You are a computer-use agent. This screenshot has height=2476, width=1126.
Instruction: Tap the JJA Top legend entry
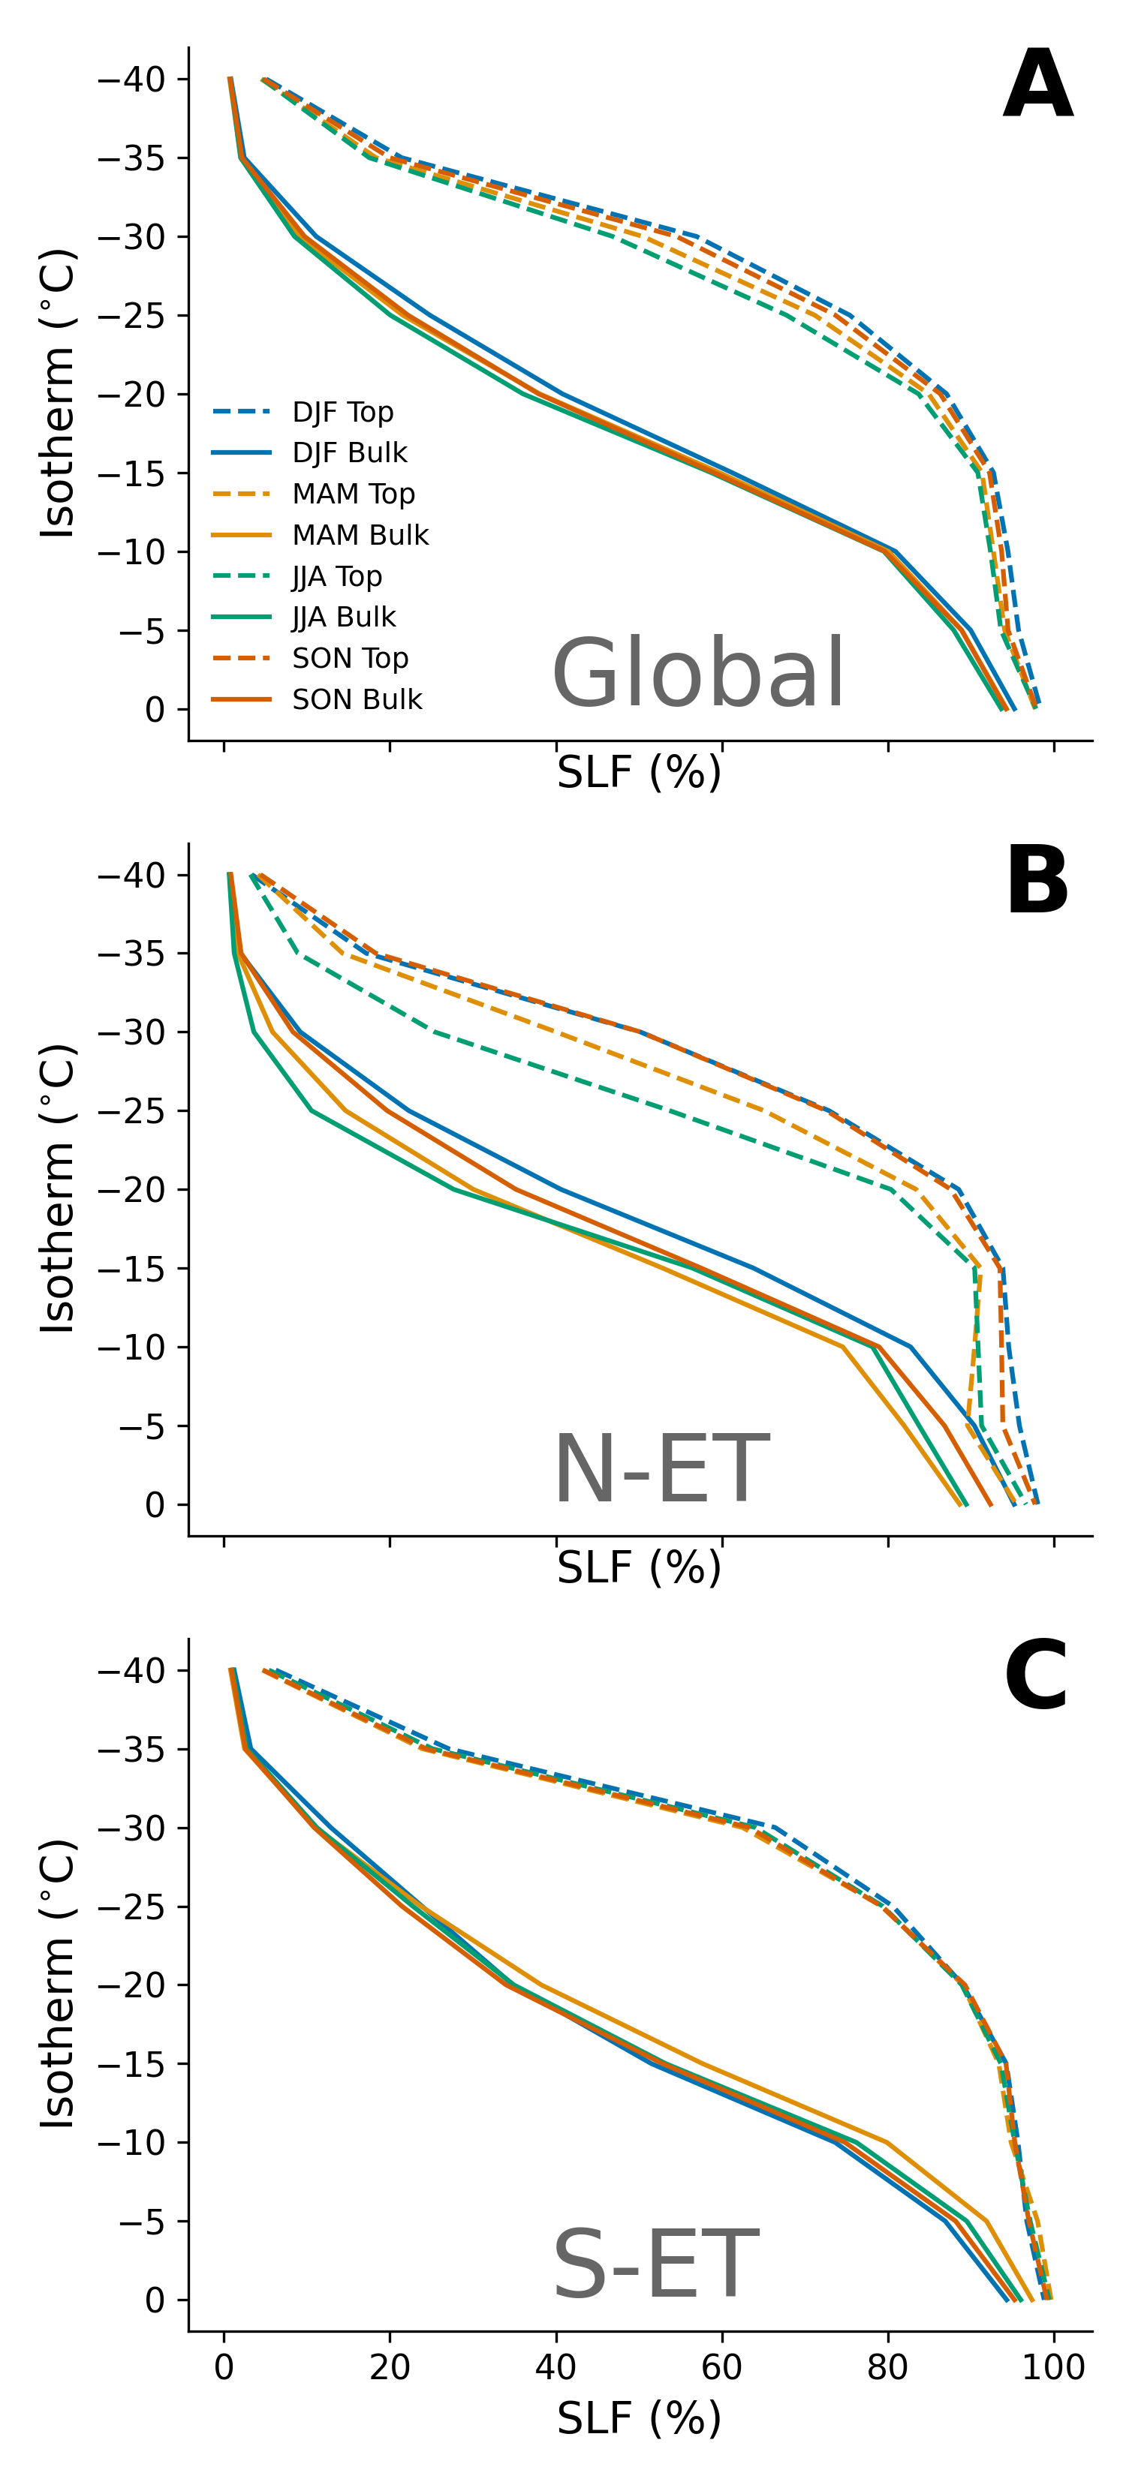[297, 575]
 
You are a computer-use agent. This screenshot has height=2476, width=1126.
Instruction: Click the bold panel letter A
[1037, 85]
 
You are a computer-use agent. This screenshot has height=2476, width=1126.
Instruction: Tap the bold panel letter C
[1036, 1676]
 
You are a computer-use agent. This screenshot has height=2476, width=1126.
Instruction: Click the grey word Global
[698, 674]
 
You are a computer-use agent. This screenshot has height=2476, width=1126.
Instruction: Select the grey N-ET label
[661, 1468]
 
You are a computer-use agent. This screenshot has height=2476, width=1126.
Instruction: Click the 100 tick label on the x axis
[1054, 2366]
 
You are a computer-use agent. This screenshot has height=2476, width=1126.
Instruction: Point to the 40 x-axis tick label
[555, 2366]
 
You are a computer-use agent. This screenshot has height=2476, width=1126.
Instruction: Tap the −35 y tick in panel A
[131, 158]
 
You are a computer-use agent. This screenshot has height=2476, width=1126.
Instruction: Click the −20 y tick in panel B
[131, 1190]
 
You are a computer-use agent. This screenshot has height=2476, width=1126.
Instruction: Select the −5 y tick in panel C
[141, 2222]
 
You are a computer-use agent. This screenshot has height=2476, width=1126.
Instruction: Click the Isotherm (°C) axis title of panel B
[57, 1189]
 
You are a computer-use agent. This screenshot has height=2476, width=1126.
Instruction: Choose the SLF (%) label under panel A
[639, 772]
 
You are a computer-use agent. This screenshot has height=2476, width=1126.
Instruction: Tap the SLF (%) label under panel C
[639, 2419]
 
